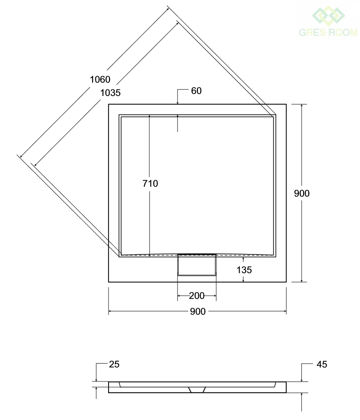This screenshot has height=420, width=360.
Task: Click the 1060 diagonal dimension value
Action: click(100, 79)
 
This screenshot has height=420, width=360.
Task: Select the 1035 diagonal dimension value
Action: click(110, 93)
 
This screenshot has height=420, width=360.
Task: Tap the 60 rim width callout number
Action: click(196, 91)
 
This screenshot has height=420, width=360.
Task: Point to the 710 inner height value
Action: click(150, 183)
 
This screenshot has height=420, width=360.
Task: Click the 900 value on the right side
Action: click(302, 193)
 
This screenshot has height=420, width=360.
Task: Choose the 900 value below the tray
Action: click(198, 311)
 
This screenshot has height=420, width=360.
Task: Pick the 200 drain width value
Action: click(197, 296)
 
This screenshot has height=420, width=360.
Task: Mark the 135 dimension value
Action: click(244, 270)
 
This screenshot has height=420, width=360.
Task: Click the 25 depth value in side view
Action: click(114, 365)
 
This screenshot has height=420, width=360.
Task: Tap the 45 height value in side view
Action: click(322, 365)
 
